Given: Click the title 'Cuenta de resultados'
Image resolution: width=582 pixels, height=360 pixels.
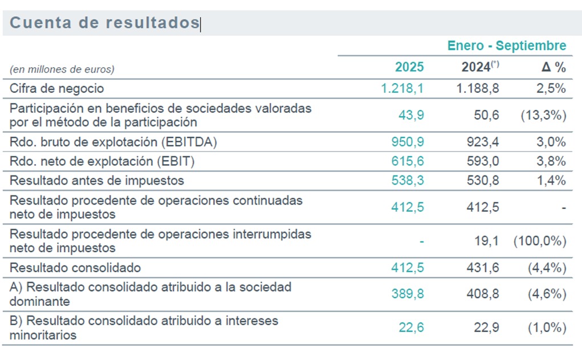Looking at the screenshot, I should click(x=104, y=23).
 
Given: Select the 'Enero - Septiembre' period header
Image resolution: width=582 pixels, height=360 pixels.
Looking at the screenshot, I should click(x=507, y=46).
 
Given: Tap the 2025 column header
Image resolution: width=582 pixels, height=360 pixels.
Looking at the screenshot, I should click(x=409, y=67).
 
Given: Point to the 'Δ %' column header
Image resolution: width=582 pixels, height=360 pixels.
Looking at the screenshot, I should click(x=553, y=67).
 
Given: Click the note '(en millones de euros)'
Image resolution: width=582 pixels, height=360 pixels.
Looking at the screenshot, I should click(x=62, y=69).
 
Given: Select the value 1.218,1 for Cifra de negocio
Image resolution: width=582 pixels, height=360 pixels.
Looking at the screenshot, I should click(x=402, y=88).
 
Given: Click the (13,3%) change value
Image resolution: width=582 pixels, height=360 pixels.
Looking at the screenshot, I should click(x=543, y=114).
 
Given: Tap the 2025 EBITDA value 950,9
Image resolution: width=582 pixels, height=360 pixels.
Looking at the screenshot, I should click(x=408, y=142).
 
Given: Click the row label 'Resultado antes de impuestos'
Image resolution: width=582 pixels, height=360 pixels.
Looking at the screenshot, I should click(x=97, y=181).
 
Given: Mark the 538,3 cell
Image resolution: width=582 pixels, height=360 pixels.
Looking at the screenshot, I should click(x=408, y=181).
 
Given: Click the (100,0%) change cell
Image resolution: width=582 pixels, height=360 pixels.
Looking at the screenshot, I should click(x=539, y=241).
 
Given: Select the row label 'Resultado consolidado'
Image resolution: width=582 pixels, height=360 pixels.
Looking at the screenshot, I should click(x=75, y=267).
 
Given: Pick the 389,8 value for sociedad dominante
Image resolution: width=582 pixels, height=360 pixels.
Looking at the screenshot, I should click(x=408, y=294).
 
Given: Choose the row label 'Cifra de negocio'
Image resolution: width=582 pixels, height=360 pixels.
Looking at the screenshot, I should click(x=57, y=88).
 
